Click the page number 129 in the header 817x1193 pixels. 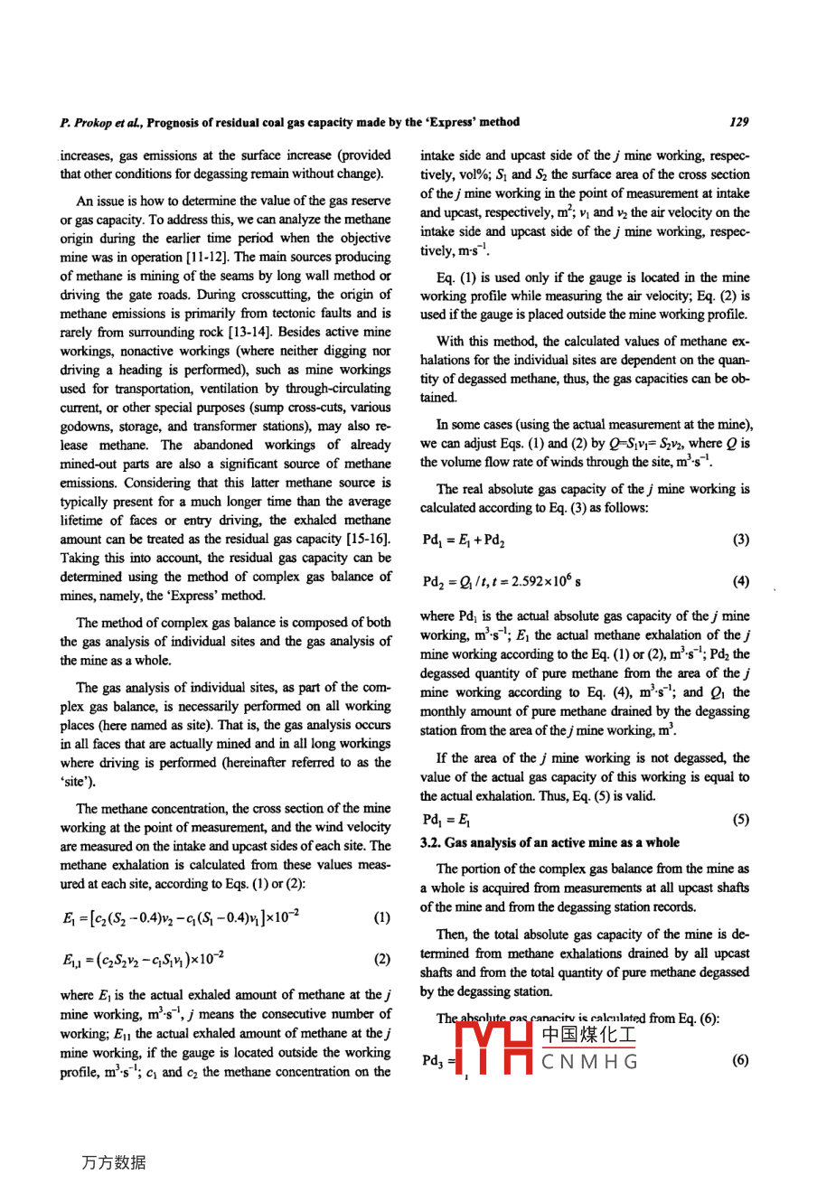point(739,122)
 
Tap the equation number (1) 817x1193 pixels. point(381,918)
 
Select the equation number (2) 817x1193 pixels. point(381,959)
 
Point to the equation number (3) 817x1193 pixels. point(740,540)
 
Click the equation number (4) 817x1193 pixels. point(740,581)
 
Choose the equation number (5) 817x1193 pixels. point(740,820)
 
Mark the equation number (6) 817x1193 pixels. point(740,1060)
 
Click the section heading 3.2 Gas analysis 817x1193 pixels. point(549,842)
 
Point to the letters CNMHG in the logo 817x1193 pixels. point(589,1061)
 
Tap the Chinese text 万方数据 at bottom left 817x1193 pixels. point(113,1162)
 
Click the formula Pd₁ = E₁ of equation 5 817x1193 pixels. point(446,820)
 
